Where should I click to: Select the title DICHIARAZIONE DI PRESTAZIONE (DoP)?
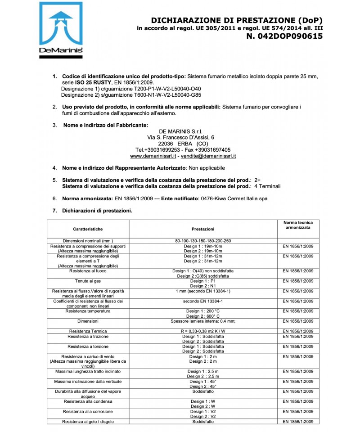(x=237, y=20)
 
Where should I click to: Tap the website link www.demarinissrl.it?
(x=153, y=156)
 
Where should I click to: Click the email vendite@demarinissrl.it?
(x=208, y=156)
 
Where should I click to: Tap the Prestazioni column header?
(x=203, y=229)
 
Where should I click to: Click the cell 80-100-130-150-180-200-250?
(x=203, y=241)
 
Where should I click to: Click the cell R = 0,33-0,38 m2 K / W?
(x=203, y=331)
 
